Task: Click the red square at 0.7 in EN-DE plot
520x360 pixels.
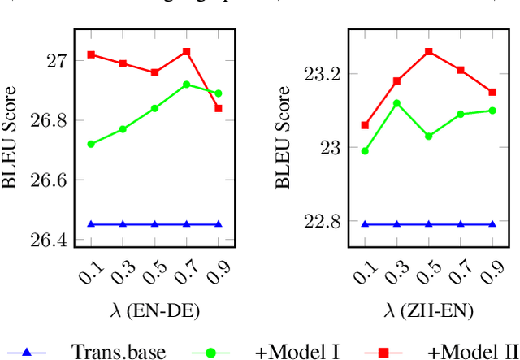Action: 186,51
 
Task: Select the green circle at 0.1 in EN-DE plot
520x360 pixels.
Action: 91,144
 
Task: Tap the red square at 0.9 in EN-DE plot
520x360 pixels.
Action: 218,108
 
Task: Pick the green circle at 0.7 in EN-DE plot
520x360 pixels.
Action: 186,85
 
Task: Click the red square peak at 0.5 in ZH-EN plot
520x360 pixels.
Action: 429,51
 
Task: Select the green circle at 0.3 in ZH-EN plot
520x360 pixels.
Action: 396,103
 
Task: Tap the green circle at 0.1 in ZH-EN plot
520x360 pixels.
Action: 365,150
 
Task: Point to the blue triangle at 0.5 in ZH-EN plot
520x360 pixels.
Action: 429,223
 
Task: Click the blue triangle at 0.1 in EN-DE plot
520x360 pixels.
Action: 91,223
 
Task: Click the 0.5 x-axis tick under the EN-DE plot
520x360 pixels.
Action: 150,275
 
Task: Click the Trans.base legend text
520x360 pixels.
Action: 119,351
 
